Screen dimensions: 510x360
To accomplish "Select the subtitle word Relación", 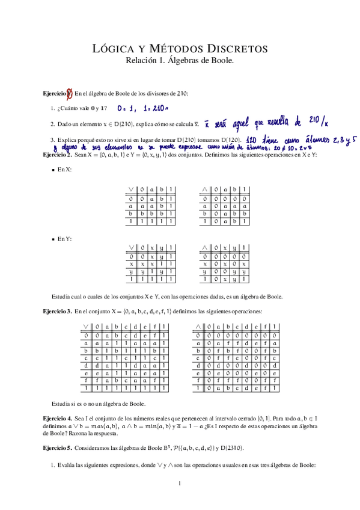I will pyautogui.click(x=144, y=60).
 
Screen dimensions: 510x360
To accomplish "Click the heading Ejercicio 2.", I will pyautogui.click(x=57, y=155).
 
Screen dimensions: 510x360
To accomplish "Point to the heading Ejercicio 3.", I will pyautogui.click(x=57, y=312).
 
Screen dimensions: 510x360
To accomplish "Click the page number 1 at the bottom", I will pyautogui.click(x=180, y=484).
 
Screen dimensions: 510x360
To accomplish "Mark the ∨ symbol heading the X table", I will pyautogui.click(x=130, y=189).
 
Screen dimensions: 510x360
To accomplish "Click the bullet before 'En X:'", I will pyautogui.click(x=53, y=170).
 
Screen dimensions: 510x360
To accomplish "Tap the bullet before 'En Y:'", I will pyautogui.click(x=53, y=239).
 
